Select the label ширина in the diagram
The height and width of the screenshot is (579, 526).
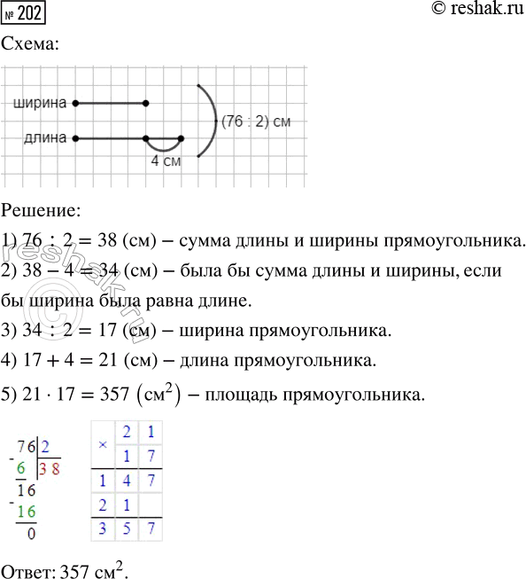coord(41,104)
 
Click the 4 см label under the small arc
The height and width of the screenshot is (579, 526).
coord(167,163)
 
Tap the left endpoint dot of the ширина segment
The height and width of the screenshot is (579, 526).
coord(76,104)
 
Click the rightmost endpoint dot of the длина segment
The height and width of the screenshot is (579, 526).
coord(181,138)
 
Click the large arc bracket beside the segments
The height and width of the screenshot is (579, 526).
coord(213,121)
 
